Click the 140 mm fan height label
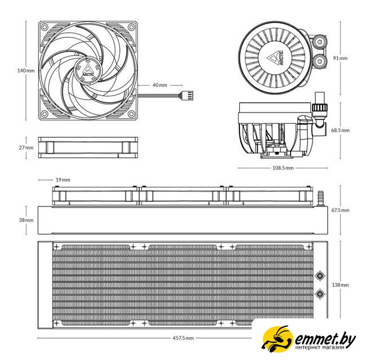26,70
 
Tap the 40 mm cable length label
160,85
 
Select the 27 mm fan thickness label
26,147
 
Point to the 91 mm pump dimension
340,58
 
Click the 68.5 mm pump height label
340,130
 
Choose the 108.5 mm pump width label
283,168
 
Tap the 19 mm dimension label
63,180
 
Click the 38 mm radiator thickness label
26,220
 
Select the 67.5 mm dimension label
340,210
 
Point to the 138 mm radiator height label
340,285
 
